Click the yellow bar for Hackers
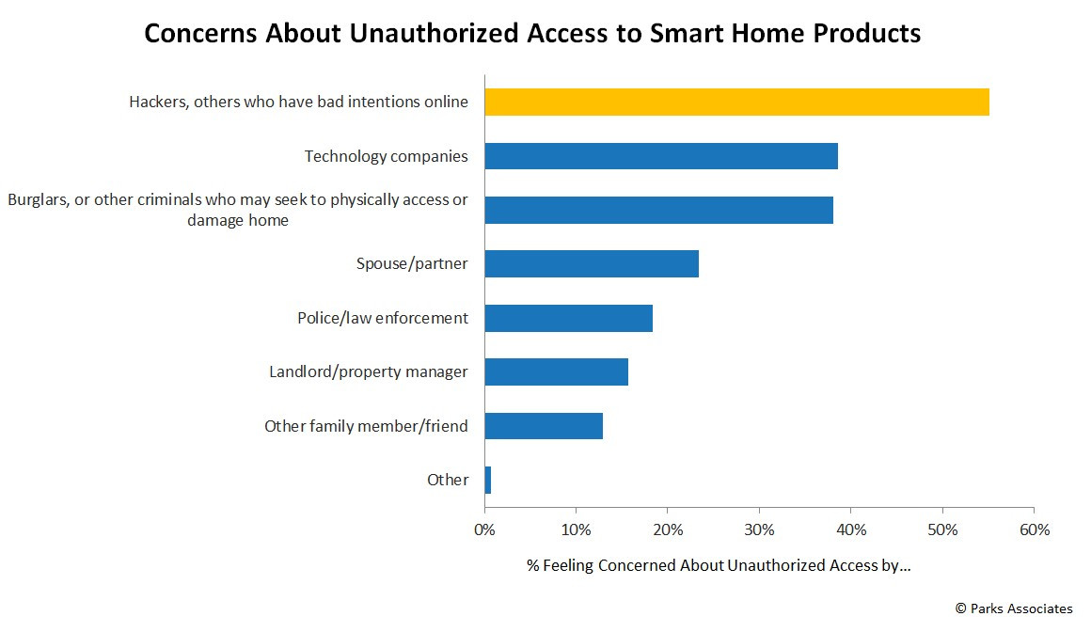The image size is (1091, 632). coord(736,102)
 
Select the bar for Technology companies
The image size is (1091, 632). coord(661,156)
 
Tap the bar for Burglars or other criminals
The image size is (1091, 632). coord(659,211)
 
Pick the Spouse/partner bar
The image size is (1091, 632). coord(592,263)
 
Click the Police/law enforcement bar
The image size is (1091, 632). coord(568,318)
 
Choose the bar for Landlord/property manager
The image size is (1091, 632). coord(557,371)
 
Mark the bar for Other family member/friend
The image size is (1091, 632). coord(544,426)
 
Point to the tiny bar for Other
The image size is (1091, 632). coord(488,480)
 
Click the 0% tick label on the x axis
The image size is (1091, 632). coord(484,529)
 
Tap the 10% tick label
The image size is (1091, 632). coord(577,529)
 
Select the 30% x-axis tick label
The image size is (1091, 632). coord(759,529)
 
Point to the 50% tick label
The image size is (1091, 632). coord(942,529)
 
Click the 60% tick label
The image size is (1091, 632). coord(1034,529)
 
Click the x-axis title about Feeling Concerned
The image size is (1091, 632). coord(718,565)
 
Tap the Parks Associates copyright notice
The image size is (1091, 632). coord(1014,608)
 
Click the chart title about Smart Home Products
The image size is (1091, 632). coord(532,33)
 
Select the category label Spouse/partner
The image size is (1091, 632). coord(412,263)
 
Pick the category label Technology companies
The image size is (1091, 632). coord(387,156)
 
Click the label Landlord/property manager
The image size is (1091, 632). coord(369,371)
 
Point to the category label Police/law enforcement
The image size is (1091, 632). coord(383,318)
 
